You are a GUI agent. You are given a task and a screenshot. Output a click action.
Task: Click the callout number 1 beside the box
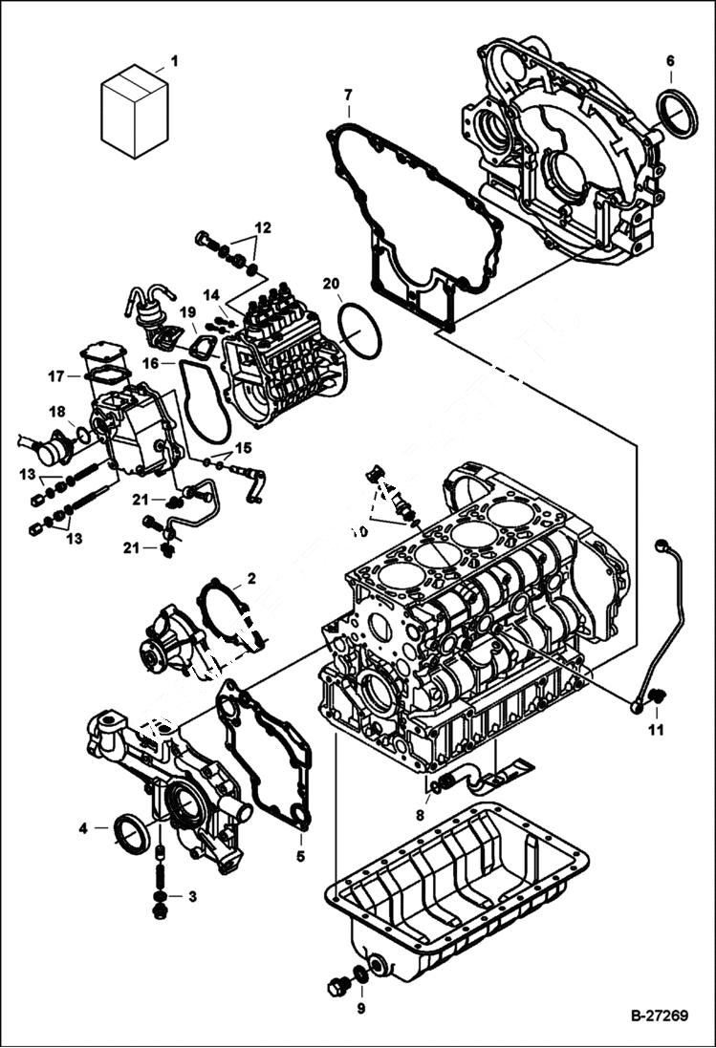[174, 62]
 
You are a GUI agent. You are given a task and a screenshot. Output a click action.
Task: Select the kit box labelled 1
[135, 111]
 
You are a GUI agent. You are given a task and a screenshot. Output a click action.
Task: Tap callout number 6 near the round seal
[669, 61]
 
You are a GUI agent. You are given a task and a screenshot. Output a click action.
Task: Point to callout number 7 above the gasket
[348, 94]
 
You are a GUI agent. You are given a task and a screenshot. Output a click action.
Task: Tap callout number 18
[57, 412]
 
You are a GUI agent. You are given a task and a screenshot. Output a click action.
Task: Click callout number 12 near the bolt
[263, 227]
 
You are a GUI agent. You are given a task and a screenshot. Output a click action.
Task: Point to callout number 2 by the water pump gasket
[250, 578]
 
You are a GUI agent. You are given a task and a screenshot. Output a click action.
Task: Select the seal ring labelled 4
[132, 830]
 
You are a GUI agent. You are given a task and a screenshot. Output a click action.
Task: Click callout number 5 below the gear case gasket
[299, 857]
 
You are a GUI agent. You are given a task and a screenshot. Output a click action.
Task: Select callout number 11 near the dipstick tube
[656, 731]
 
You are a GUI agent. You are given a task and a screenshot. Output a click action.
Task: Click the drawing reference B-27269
[659, 1015]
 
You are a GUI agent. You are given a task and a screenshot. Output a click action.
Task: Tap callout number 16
[150, 363]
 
